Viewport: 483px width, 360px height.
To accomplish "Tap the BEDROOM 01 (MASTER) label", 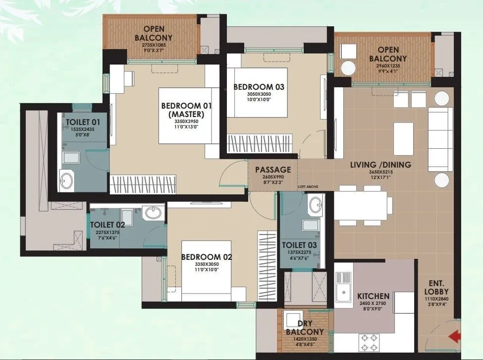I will click(x=186, y=110).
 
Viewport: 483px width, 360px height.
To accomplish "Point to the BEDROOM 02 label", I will click(x=207, y=257).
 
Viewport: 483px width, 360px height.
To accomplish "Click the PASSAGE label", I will click(x=272, y=170).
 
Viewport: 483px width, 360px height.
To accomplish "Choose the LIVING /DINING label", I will click(x=380, y=165).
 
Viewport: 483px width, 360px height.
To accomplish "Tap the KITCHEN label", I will click(x=373, y=296).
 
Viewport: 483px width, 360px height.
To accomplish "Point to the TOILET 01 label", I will click(x=83, y=122).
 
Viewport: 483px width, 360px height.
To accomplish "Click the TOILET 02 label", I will click(x=107, y=224).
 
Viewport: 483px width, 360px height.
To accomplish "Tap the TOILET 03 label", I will click(x=299, y=245).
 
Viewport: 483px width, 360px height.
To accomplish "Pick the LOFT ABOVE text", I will click(x=308, y=186).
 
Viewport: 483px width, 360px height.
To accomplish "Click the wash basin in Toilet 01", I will click(x=66, y=179).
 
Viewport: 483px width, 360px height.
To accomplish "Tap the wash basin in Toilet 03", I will click(x=315, y=203).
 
